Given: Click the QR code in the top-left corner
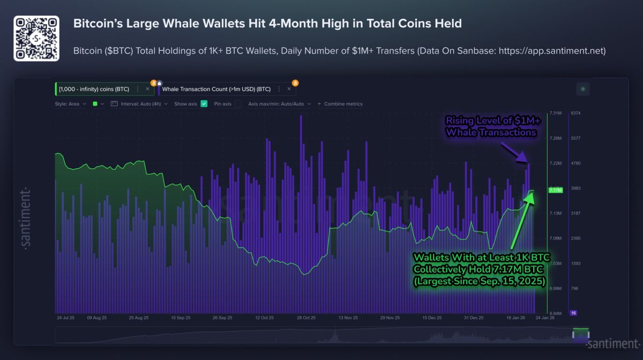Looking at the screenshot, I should pos(36,39).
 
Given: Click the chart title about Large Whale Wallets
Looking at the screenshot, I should pos(267,24).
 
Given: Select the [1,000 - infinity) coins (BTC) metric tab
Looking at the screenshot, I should pos(94,89).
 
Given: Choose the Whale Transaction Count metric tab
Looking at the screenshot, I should pos(216,89).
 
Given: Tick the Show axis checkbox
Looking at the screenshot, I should pos(204,104).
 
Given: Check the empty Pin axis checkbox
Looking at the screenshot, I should pos(238,104).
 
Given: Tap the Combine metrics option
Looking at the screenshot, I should pos(343,104).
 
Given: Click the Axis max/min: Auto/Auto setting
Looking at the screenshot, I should pos(276,104).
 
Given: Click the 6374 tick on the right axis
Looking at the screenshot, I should pos(577,114).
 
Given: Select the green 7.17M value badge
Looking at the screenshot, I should pos(555,190).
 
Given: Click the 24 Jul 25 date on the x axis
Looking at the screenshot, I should pos(65,318).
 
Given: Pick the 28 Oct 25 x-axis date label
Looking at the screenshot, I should pos(306,318).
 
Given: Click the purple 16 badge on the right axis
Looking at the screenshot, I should pos(574,313).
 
